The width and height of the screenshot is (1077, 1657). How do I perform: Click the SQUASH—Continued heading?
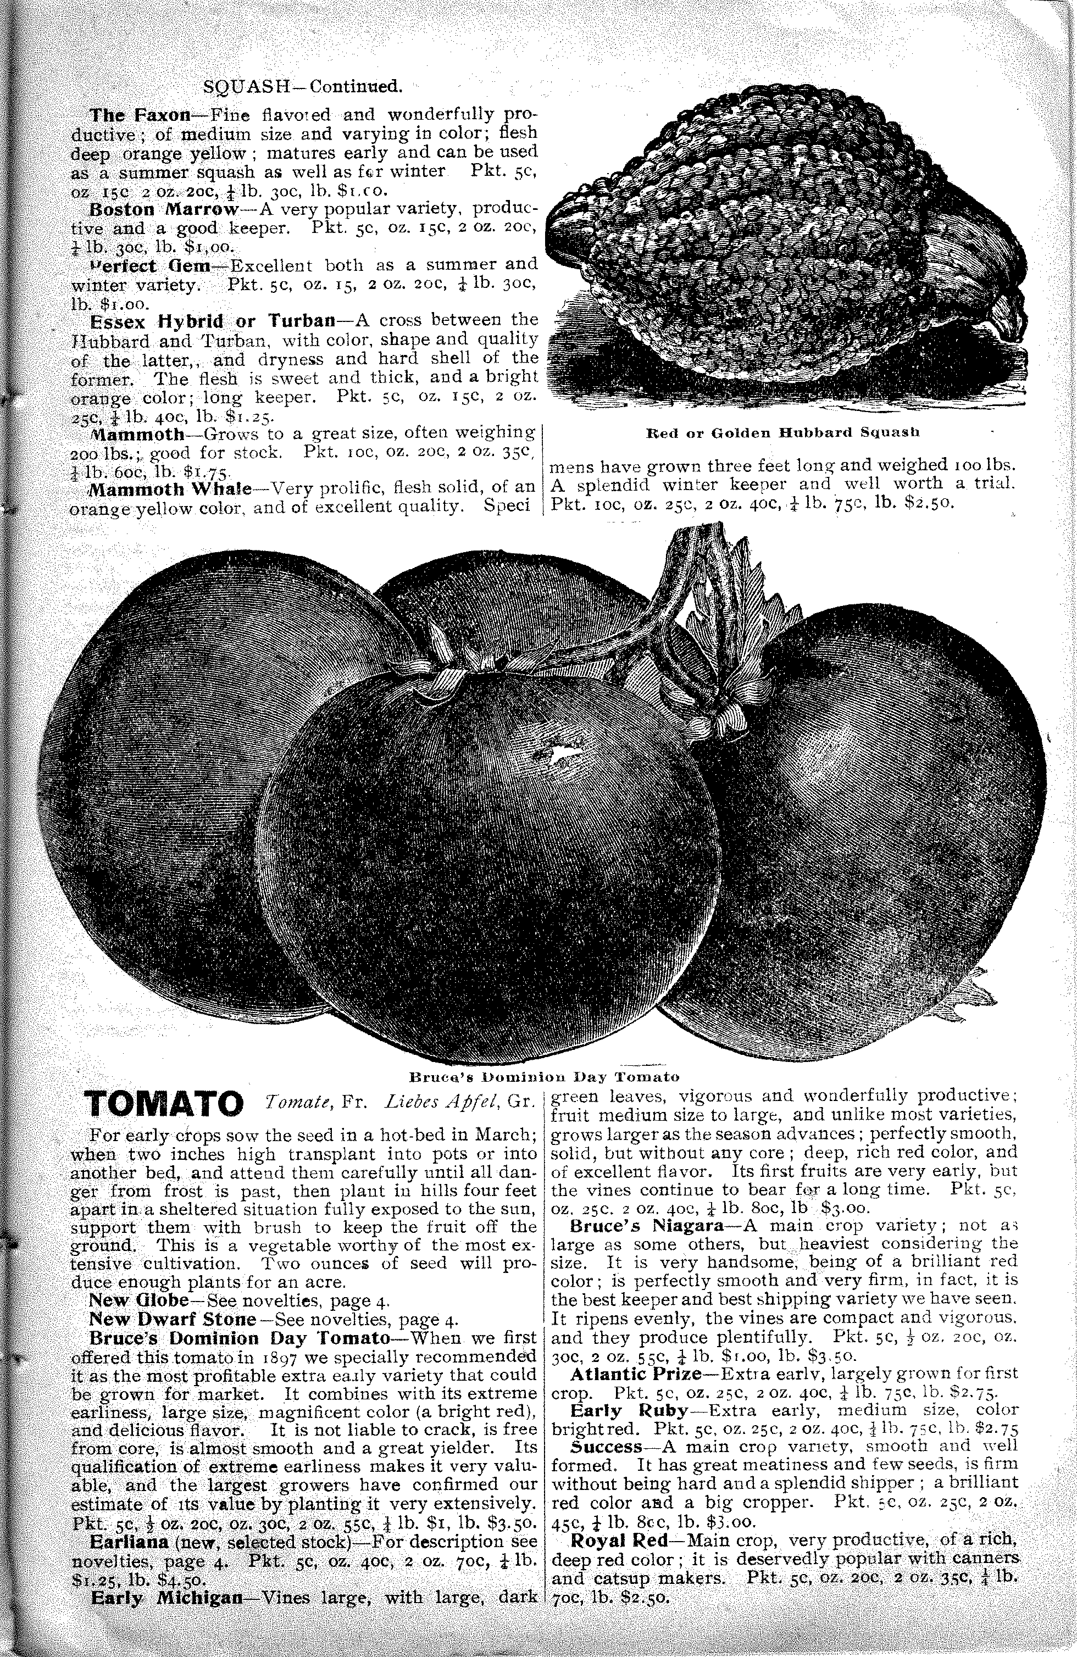click(302, 86)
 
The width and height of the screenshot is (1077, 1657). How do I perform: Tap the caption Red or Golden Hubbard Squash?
click(783, 432)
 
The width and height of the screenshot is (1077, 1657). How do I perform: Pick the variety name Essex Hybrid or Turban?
click(212, 321)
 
